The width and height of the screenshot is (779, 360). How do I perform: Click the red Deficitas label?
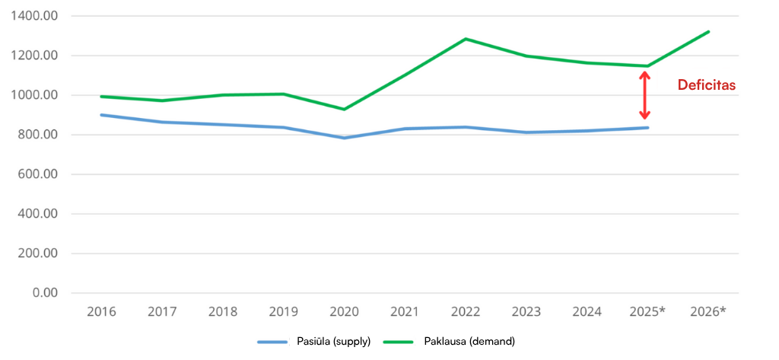707,86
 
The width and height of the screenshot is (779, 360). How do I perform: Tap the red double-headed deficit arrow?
644,96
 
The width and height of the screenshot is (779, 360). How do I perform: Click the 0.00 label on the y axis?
47,293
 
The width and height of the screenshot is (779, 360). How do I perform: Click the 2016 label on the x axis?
101,311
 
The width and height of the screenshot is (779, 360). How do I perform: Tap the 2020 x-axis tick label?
345,311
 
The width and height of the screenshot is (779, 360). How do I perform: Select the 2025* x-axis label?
648,311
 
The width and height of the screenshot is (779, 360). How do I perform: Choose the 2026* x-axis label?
708,311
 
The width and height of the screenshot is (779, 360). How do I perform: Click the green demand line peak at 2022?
466,39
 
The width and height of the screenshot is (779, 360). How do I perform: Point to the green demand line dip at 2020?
344,109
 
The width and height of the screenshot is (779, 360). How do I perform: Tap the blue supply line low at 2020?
344,138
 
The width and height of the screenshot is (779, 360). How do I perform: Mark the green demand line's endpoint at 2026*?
708,32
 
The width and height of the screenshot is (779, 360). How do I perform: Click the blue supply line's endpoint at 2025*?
647,127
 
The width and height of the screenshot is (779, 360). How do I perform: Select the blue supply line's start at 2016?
101,115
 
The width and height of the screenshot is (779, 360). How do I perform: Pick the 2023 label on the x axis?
526,311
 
